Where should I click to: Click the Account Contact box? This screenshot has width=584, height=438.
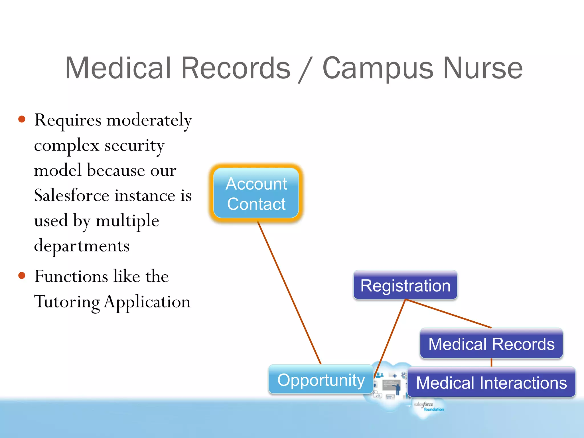tap(256, 193)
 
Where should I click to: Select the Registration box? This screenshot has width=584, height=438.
tap(405, 285)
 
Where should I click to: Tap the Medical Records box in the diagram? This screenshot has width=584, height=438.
tap(491, 344)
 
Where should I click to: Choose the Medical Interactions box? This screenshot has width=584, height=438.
tap(491, 382)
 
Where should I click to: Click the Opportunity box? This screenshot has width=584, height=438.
tap(321, 380)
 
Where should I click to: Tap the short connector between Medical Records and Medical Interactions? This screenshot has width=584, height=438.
tap(491, 362)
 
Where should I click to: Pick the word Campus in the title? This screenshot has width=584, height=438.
tap(378, 68)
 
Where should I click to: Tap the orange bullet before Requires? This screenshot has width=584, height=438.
tap(22, 119)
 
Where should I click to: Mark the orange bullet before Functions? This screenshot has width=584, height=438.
tap(22, 276)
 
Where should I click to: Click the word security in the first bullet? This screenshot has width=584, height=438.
tap(134, 145)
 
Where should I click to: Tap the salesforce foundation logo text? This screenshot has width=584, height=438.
tap(428, 407)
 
